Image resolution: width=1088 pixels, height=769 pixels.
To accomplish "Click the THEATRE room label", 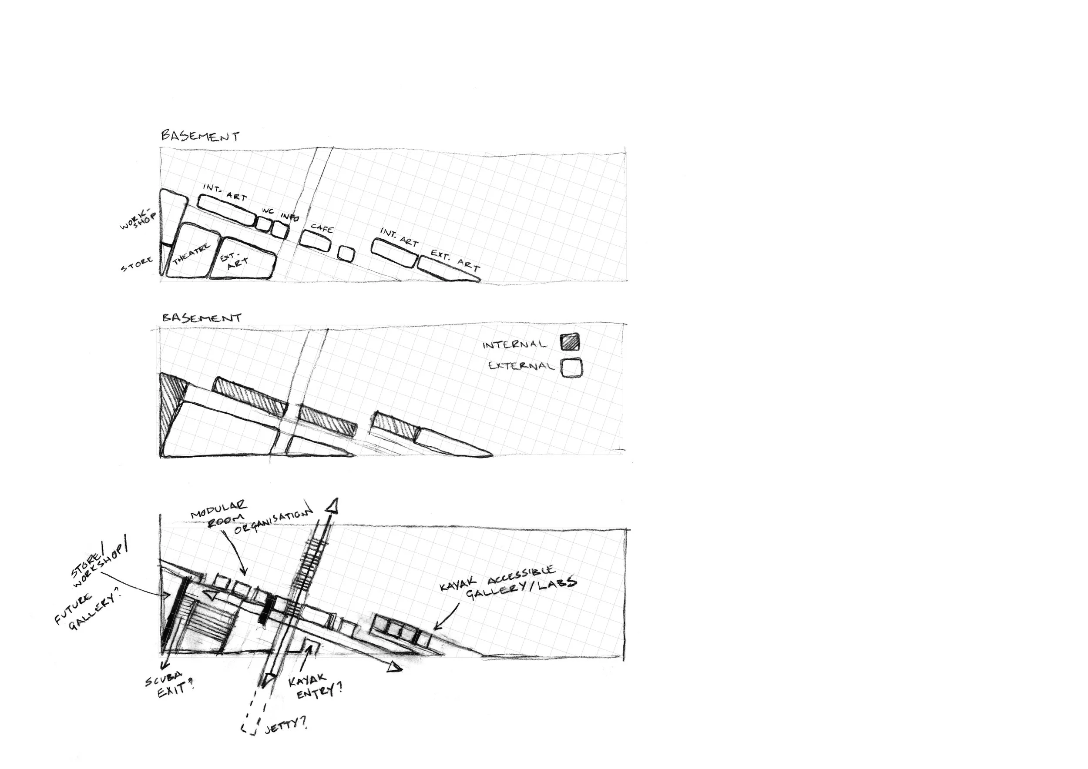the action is tap(191, 254).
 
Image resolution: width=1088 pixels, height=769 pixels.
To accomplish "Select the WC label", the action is tap(268, 211).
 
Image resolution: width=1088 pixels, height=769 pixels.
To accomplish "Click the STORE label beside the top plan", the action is tap(137, 264).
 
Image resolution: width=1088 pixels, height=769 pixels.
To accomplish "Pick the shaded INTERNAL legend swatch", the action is tap(570, 341).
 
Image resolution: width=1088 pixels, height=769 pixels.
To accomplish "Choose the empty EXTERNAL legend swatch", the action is tap(571, 368).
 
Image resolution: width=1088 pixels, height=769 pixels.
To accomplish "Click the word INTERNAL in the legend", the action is tap(514, 344).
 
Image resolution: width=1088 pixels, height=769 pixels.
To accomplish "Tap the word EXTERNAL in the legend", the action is tap(521, 365).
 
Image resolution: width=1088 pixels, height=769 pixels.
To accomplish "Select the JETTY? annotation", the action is tap(285, 725).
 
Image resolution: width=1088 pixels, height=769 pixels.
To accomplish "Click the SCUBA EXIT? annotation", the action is tap(170, 687).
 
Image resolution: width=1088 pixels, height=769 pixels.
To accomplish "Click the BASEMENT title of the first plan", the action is tap(200, 136).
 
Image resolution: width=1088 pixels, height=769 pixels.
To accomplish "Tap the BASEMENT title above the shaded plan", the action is tap(202, 317).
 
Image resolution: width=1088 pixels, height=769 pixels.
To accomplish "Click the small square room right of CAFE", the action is tap(346, 253).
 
